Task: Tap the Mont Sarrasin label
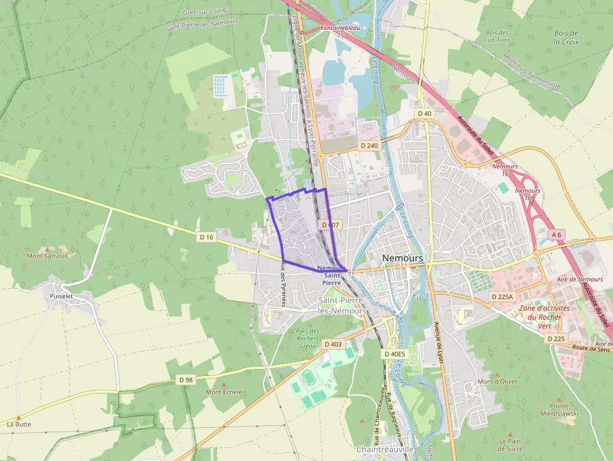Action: click(48, 255)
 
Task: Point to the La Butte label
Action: click(19, 423)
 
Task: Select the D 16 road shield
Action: click(206, 237)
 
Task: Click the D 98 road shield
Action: click(186, 380)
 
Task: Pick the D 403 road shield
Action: click(333, 344)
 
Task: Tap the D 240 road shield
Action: click(370, 145)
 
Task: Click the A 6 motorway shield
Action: click(556, 234)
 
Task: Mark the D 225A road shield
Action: click(502, 296)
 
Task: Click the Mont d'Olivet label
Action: click(494, 381)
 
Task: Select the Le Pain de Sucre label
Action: click(510, 444)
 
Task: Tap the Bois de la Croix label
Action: click(566, 38)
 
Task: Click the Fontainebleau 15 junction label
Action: click(341, 32)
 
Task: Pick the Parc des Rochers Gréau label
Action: click(308, 338)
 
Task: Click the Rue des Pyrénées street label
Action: click(283, 285)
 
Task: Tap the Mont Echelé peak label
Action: click(224, 392)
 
